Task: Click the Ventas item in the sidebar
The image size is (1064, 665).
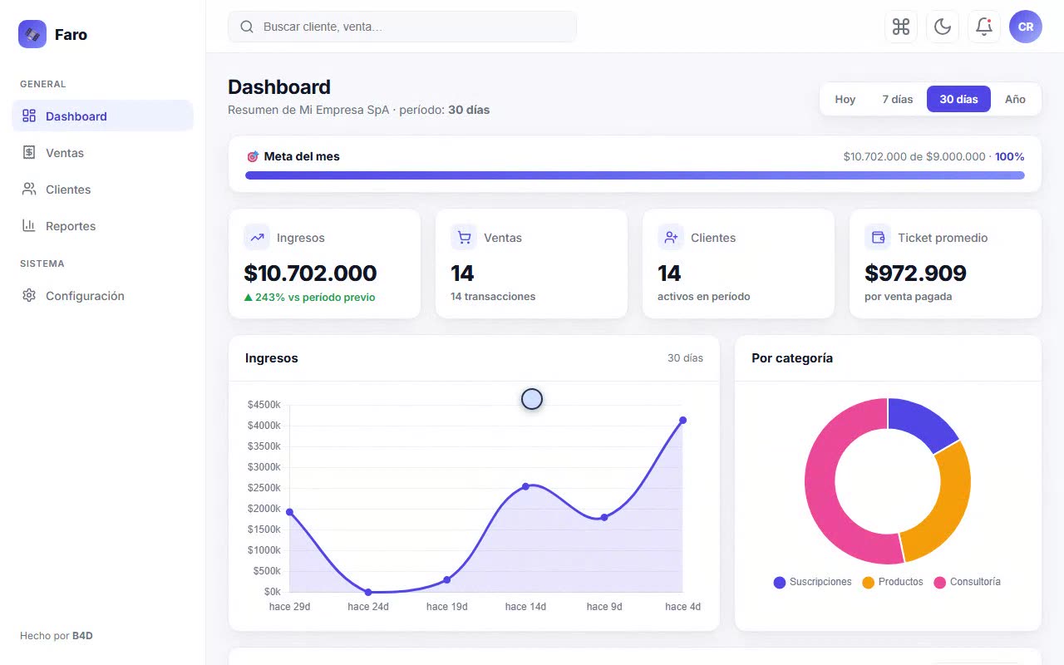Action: [65, 153]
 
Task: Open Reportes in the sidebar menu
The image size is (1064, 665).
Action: [71, 226]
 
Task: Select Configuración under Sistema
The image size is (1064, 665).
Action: [85, 296]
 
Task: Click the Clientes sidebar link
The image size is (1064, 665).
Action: [68, 190]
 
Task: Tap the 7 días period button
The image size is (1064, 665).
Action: [897, 99]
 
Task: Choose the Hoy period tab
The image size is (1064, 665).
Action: [845, 99]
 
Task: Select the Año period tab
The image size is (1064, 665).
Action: [1015, 99]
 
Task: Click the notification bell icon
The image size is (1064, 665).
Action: [983, 27]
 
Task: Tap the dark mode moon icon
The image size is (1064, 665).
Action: [943, 27]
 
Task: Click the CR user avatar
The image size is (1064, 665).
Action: [1026, 27]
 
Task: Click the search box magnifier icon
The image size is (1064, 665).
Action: [247, 27]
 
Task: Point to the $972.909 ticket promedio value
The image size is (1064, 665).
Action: [915, 273]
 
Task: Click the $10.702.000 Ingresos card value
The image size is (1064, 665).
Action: [310, 273]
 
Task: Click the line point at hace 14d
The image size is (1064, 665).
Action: [525, 486]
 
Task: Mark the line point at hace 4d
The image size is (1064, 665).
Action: [682, 421]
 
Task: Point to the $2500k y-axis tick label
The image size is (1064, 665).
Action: [264, 488]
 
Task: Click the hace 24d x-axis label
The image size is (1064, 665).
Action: [368, 607]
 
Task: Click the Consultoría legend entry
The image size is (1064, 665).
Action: [967, 582]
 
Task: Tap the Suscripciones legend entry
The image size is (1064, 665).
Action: [812, 582]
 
